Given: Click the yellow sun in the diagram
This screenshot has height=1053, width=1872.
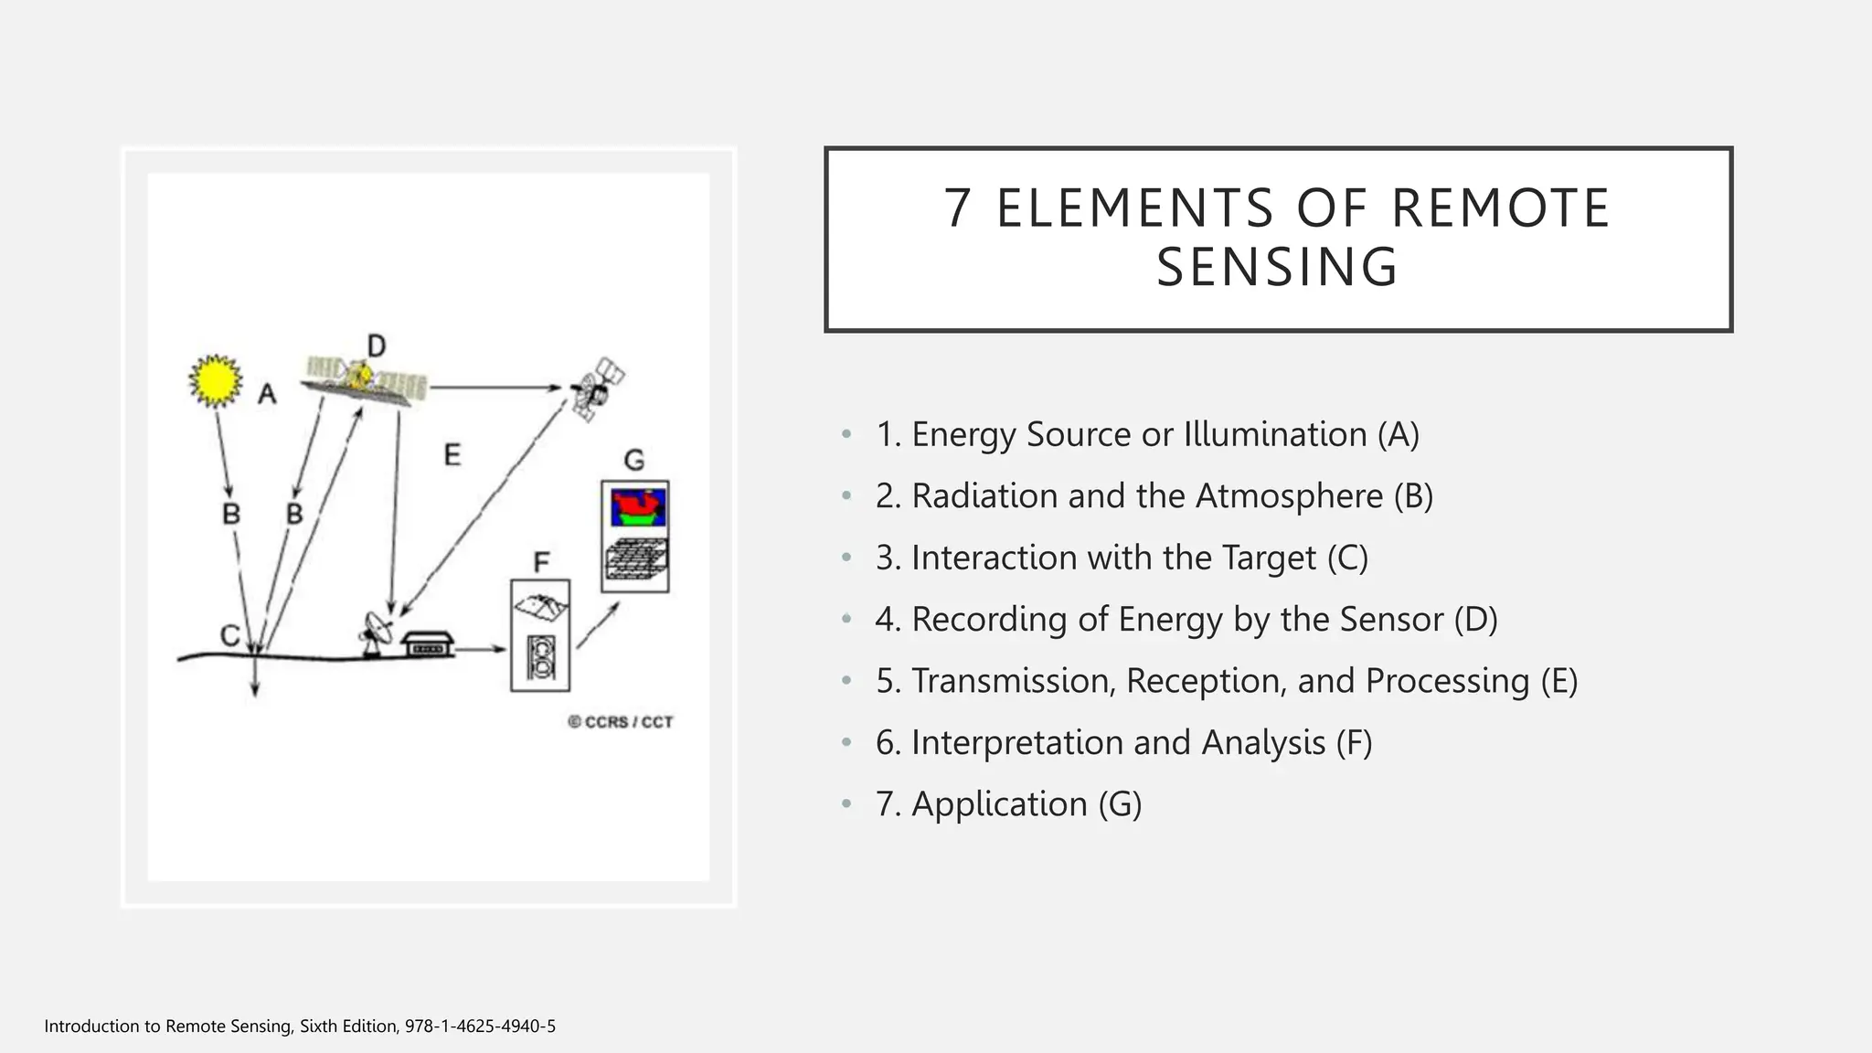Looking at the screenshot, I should [216, 380].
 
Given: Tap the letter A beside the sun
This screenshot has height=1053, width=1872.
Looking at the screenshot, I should [267, 395].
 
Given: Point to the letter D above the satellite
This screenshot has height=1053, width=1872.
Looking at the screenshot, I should [376, 346].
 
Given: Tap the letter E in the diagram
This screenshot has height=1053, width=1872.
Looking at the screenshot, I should [452, 454].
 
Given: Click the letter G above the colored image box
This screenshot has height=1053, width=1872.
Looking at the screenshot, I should [633, 460].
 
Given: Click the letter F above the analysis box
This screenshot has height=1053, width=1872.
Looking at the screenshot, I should [541, 562].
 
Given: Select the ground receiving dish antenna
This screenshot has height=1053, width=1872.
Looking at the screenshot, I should [376, 632].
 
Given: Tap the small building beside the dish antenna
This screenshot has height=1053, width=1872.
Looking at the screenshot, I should [427, 643].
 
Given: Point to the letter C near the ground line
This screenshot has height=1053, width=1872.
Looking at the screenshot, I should [229, 635].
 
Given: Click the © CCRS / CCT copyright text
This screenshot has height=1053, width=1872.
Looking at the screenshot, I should [621, 722].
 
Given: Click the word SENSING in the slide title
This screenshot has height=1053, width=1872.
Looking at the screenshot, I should [1277, 267].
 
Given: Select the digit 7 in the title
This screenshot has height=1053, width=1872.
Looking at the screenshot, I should [956, 208].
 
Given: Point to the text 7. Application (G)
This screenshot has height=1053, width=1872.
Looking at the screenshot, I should [1008, 804].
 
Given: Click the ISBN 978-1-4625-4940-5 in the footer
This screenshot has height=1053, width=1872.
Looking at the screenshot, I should [480, 1026].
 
